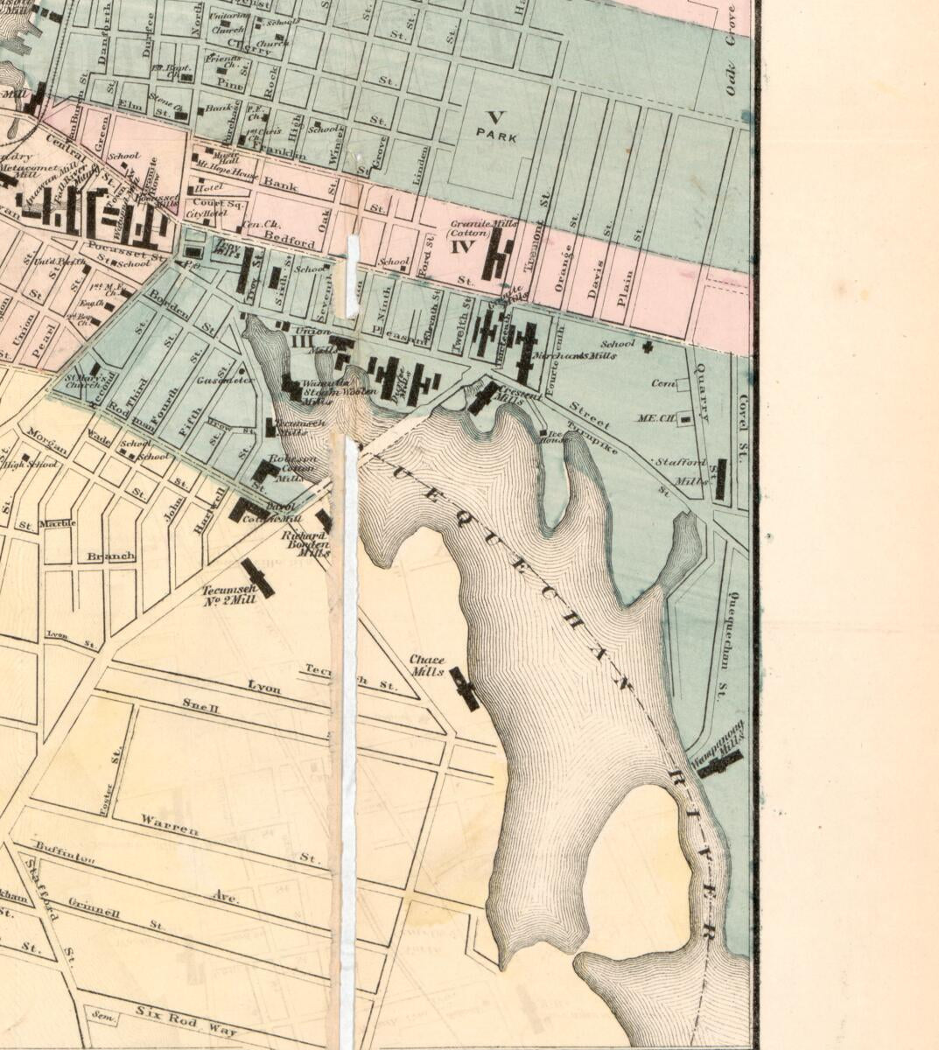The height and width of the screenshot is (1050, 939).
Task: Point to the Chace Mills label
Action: pos(427,665)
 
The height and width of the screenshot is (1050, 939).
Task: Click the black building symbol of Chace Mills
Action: pos(465,689)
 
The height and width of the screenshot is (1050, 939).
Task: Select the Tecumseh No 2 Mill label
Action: pos(229,595)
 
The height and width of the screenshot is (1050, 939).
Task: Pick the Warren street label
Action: pos(170,824)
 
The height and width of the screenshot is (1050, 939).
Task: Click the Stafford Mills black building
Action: pos(720,479)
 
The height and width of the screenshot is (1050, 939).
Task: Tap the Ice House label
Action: pos(552,437)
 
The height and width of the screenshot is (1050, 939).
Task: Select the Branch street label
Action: pos(110,556)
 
